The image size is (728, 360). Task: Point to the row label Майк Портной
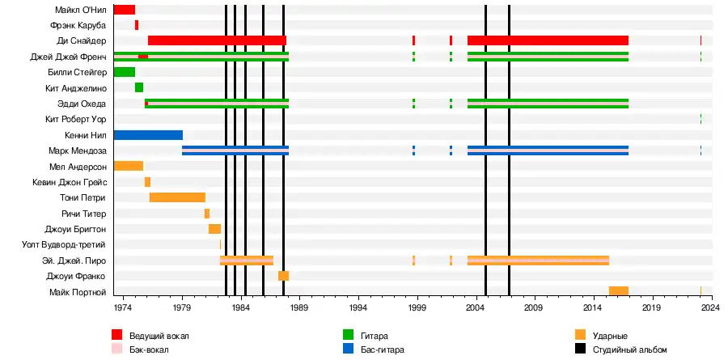78,291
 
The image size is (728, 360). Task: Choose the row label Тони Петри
84,197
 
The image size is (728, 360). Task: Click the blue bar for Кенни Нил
148,135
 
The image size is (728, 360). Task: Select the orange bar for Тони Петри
177,197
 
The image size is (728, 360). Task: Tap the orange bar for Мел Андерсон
128,166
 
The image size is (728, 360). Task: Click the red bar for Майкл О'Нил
124,10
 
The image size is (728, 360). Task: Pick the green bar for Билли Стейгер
124,72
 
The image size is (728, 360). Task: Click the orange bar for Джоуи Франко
283,276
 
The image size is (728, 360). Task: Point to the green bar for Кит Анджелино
139,87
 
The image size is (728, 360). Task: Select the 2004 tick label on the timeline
476,308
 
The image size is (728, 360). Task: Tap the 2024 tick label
711,308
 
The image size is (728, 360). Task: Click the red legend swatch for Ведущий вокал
117,335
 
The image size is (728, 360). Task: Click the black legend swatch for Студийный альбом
580,349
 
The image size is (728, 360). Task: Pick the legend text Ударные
610,336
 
